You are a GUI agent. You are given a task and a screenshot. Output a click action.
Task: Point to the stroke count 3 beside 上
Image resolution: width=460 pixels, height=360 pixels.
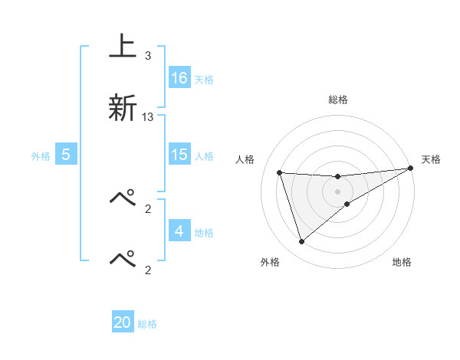coord(147,56)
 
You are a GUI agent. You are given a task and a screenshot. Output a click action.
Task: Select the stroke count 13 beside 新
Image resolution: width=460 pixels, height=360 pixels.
coord(148,117)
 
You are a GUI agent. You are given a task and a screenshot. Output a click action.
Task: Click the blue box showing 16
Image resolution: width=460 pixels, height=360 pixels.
coord(179,78)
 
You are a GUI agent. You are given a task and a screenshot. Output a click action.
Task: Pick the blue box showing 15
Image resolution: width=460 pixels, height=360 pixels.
coord(179,155)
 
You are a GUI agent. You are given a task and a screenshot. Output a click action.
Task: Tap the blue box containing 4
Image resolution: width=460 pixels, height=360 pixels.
coord(179,231)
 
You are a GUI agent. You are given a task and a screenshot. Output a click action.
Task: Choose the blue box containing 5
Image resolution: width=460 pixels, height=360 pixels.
coord(66,155)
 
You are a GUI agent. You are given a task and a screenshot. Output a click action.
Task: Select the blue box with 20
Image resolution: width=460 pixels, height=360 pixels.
coord(123,323)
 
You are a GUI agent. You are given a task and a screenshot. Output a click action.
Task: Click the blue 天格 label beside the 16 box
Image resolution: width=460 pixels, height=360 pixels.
coord(203,79)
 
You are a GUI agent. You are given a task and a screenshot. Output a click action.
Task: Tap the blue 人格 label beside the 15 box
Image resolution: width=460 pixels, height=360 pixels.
coord(203,155)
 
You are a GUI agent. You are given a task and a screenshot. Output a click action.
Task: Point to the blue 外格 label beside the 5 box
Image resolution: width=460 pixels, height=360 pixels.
coord(41,155)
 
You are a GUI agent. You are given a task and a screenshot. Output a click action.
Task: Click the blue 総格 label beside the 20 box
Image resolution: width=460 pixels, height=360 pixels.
coord(147,324)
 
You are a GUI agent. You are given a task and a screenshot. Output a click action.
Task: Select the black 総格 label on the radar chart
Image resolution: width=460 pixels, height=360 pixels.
coord(338,100)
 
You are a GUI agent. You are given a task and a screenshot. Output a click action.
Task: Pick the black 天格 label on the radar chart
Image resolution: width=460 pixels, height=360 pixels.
coord(432,159)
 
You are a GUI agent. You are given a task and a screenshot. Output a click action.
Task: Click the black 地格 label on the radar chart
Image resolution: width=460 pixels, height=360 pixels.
coord(402,263)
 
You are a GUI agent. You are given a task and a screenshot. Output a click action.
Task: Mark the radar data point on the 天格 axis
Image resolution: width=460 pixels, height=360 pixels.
coord(411,169)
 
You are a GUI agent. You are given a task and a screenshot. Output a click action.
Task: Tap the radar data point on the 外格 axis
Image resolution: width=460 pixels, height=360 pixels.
coord(301,242)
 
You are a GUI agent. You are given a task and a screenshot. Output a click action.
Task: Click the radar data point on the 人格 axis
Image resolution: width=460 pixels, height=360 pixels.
coord(280,172)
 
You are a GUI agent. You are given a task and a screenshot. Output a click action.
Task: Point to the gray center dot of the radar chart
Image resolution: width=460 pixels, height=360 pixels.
coord(338,191)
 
